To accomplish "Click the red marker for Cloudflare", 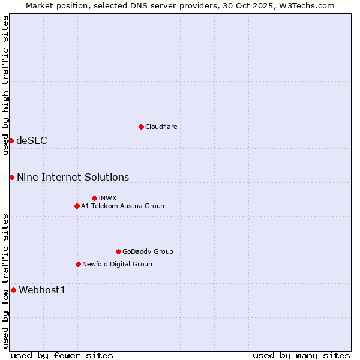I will [141, 127].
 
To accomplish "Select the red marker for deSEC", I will [11, 140].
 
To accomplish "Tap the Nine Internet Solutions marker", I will [11, 177].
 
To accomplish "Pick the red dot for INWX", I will [94, 198].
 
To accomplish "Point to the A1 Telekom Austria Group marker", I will [77, 206].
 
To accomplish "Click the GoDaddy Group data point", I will [118, 251].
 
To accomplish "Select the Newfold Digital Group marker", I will [78, 264].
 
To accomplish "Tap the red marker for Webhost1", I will [13, 290].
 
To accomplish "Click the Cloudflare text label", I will [161, 127].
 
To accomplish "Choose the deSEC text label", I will [32, 140].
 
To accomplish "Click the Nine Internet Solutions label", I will [73, 177].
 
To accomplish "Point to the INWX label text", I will [107, 198].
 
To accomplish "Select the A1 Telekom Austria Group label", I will [122, 206].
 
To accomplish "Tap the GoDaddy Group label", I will [148, 251].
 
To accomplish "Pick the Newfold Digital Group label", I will [117, 264].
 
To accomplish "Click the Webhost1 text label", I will [42, 290].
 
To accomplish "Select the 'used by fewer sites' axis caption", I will [62, 355].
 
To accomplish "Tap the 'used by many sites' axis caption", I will [301, 355].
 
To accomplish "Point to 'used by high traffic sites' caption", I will [5, 85].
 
